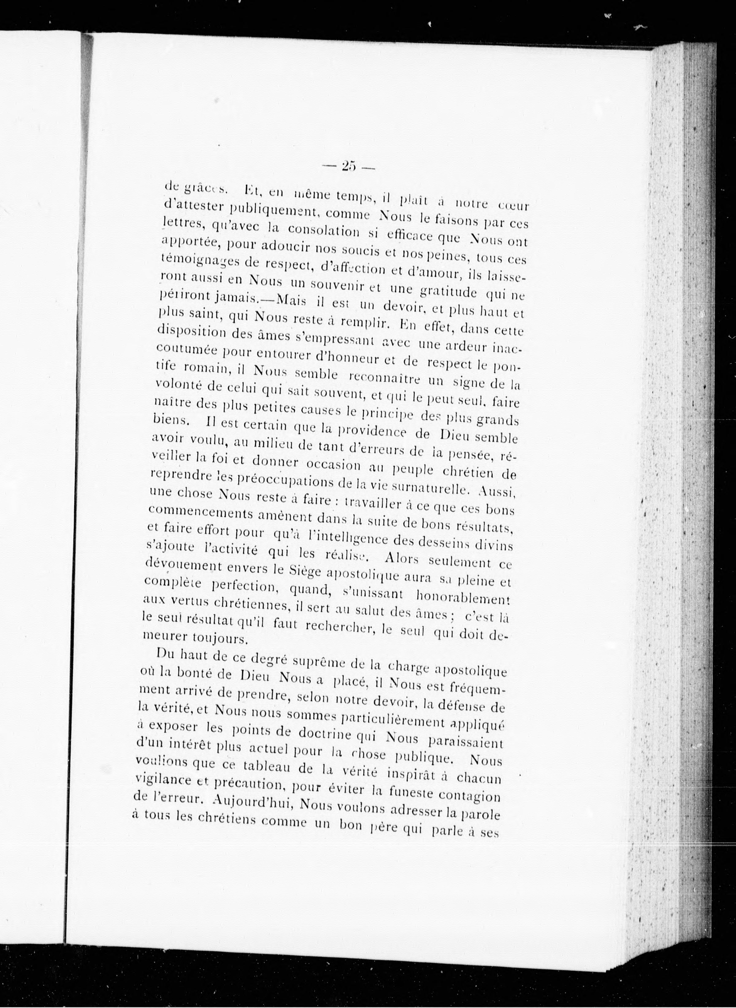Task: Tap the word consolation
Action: (x=323, y=230)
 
